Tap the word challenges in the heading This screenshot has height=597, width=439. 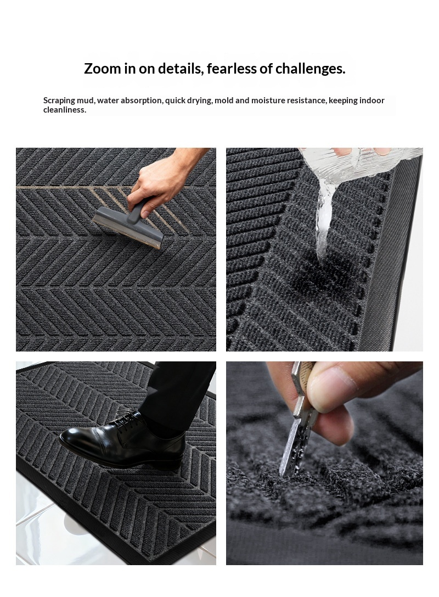[310, 69]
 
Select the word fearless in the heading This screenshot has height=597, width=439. [232, 69]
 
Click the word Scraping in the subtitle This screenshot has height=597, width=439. [59, 101]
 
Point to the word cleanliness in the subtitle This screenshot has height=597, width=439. [65, 110]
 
